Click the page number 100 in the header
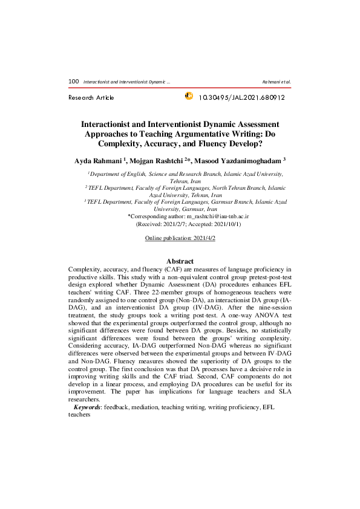pos(74,81)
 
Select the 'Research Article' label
pos(91,97)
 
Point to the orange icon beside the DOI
pos(188,96)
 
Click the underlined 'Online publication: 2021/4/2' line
pos(180,239)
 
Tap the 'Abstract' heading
pos(180,261)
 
